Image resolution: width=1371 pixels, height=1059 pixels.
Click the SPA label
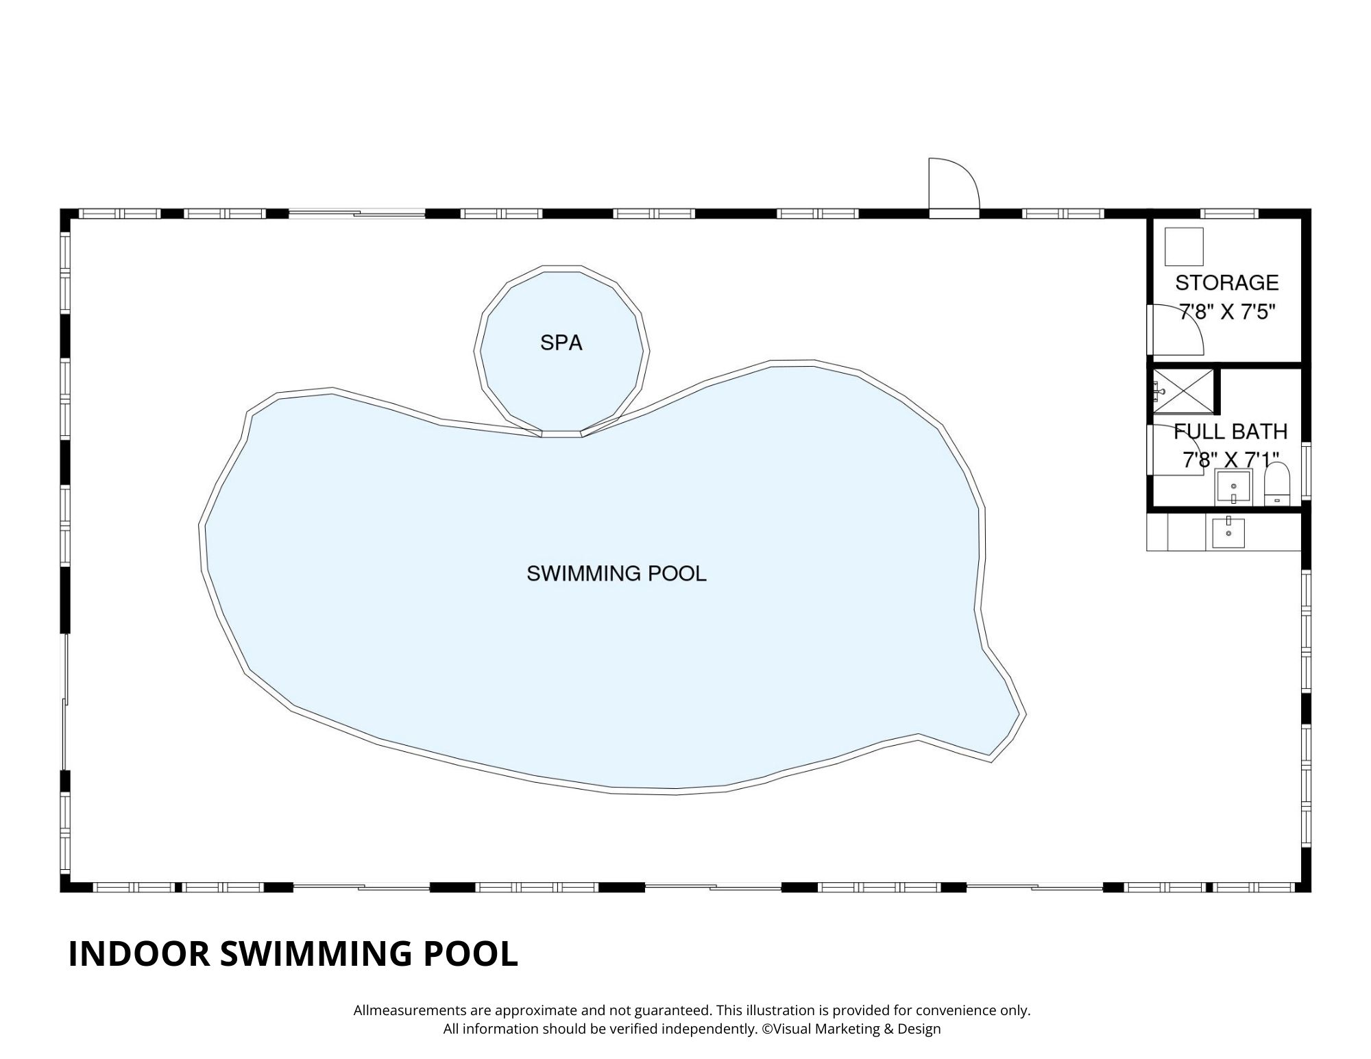[x=561, y=343]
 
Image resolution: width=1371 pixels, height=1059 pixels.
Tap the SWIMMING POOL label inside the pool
[x=616, y=573]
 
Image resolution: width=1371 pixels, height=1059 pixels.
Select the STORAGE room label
[x=1227, y=282]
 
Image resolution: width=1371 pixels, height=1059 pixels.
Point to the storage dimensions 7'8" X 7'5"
[x=1227, y=313]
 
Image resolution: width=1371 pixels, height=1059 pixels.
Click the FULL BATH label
[x=1230, y=431]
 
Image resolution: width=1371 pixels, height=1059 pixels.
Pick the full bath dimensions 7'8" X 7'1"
[x=1230, y=459]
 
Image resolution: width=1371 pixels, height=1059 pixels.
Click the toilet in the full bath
[x=1276, y=484]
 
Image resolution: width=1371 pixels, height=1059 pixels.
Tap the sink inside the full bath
[x=1233, y=487]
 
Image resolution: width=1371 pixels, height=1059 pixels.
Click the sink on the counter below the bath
[x=1228, y=533]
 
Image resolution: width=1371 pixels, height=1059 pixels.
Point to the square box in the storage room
[x=1184, y=247]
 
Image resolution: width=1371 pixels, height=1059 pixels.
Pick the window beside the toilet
[x=1306, y=471]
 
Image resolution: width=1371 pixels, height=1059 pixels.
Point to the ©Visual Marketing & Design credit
[x=851, y=1028]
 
